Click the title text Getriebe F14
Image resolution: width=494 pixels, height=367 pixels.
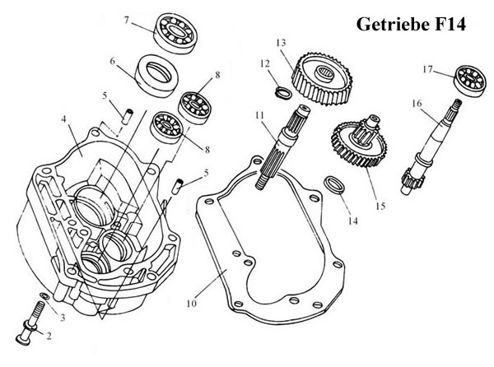click(x=411, y=24)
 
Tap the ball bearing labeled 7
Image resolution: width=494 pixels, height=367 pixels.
click(x=175, y=33)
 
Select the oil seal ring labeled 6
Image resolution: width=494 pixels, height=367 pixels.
click(x=156, y=75)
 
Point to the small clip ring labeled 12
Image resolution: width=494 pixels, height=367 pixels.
click(x=284, y=93)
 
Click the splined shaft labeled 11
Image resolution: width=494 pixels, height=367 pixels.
click(x=282, y=146)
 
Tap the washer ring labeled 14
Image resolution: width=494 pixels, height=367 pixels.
click(x=335, y=186)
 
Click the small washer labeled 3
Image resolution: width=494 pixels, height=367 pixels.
click(x=44, y=296)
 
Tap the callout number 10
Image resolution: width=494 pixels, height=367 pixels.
click(x=192, y=303)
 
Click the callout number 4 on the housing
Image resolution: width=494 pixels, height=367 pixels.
click(x=64, y=119)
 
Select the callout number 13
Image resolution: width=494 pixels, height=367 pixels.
click(x=281, y=42)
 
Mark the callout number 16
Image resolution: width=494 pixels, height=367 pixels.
click(x=417, y=103)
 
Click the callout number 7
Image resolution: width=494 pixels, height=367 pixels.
click(x=126, y=20)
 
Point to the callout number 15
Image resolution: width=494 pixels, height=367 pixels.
click(x=380, y=207)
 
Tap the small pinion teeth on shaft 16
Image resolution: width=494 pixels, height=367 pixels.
click(x=413, y=180)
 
